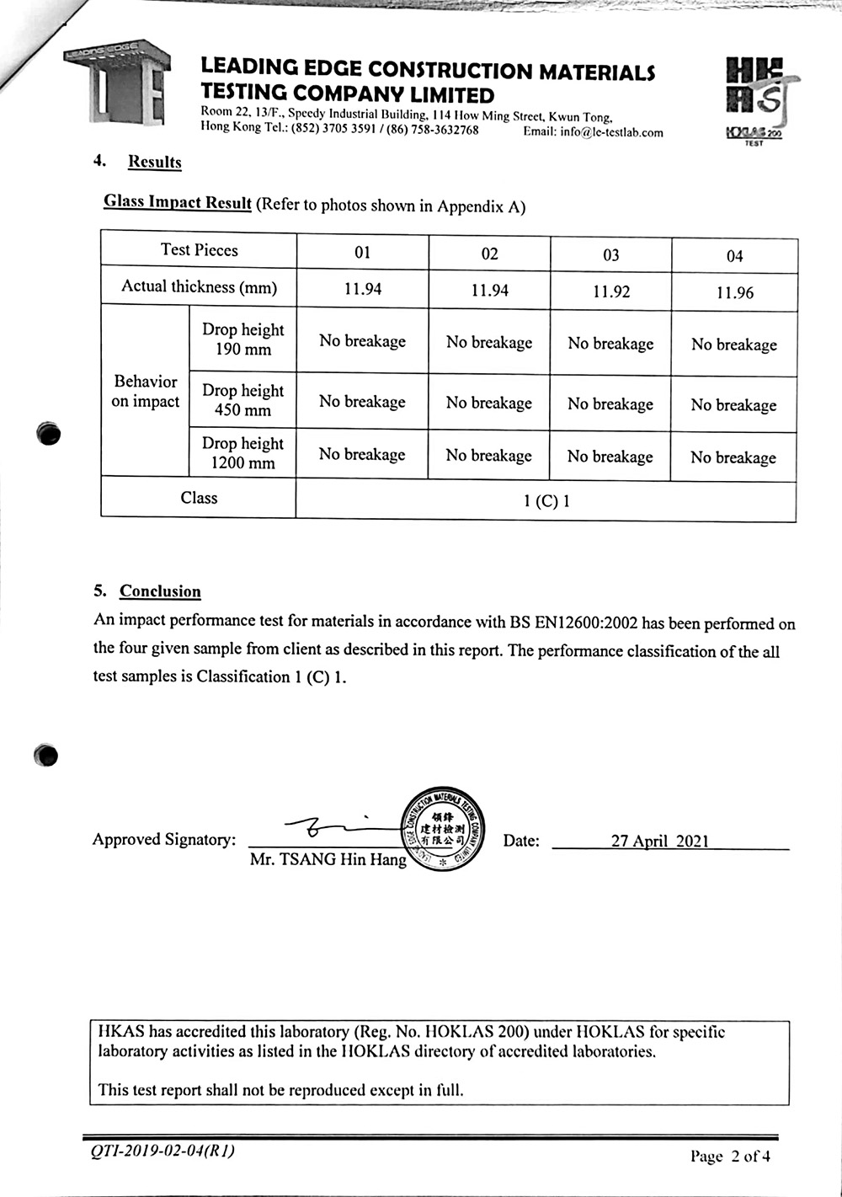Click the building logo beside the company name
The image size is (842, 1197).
coord(117,82)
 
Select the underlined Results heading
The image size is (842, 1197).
coord(154,162)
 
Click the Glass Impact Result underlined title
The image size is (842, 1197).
coord(178,202)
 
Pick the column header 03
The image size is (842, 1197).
coord(611,254)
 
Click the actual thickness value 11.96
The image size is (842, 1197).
coord(734,293)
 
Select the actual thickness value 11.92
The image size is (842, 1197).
coord(611,291)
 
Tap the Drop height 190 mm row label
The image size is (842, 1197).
coord(242,339)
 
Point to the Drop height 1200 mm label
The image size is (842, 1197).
coord(242,453)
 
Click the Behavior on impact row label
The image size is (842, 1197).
coord(145,391)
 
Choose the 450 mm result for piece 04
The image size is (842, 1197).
coord(733,405)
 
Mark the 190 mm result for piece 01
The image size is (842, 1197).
coord(362,341)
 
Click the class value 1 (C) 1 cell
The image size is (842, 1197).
coord(546,501)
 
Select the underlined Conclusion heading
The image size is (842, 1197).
coord(160,591)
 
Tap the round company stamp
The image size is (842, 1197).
coord(441,829)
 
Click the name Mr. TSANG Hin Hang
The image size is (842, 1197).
coord(328,860)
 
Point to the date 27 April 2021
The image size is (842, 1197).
coord(660,841)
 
